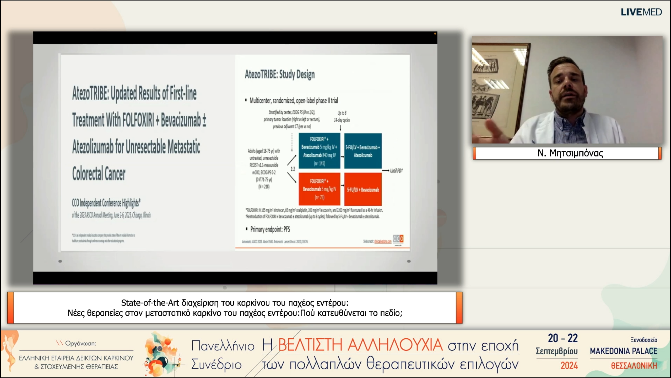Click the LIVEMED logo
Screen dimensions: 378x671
coord(641,12)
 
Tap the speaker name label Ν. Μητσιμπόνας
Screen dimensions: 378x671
coord(570,153)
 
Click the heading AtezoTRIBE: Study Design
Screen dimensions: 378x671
coord(280,75)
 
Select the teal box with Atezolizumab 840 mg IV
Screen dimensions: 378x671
coord(319,151)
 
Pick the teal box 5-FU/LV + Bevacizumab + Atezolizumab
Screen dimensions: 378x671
coord(363,151)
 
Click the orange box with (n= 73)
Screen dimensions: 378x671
coord(319,189)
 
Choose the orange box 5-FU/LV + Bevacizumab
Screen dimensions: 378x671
coord(363,189)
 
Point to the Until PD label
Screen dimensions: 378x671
coord(396,171)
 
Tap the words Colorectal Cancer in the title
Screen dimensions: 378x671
coord(99,174)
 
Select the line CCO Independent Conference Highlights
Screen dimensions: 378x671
coord(106,203)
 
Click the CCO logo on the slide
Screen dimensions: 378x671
coord(398,239)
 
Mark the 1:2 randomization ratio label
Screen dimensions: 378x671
coord(293,169)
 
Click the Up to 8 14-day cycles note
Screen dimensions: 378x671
coord(342,117)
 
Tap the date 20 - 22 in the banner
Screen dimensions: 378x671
coord(563,338)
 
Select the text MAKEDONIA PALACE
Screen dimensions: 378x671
coord(624,351)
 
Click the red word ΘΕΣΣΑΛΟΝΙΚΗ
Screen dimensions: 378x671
coord(634,366)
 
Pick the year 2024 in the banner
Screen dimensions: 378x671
coord(569,366)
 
